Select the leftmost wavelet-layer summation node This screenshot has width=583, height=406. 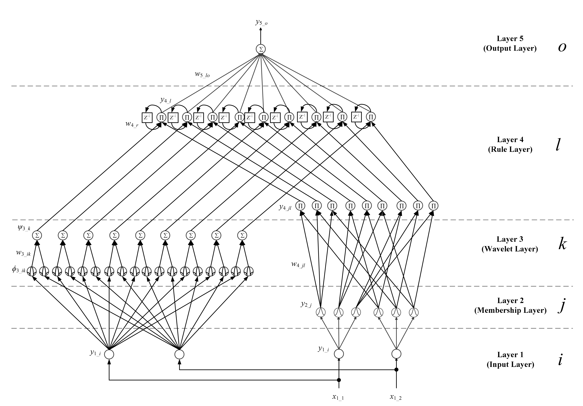pyautogui.click(x=37, y=235)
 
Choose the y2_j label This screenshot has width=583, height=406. pyautogui.click(x=306, y=304)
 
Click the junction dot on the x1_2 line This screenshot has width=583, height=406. pyautogui.click(x=396, y=369)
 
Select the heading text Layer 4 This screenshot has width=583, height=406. pyautogui.click(x=510, y=139)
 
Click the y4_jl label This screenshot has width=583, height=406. pyautogui.click(x=285, y=207)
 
